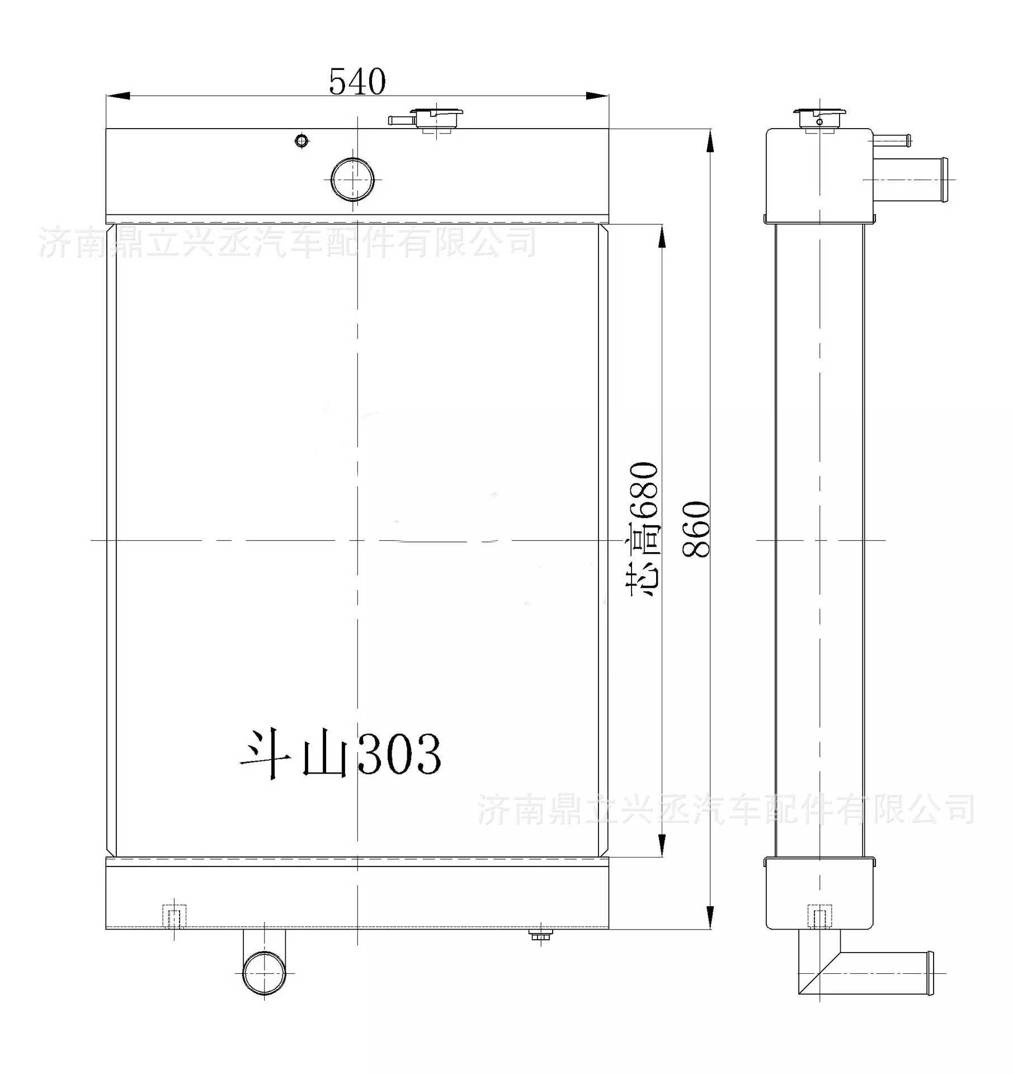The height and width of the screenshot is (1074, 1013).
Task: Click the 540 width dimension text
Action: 357,82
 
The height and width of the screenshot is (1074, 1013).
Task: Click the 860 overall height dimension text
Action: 696,529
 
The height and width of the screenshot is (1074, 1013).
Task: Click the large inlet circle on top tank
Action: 352,180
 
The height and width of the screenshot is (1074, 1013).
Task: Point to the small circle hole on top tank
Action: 301,140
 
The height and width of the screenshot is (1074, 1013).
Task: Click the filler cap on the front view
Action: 437,119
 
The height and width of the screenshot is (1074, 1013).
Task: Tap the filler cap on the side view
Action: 819,119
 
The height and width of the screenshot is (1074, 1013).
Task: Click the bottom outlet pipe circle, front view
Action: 264,974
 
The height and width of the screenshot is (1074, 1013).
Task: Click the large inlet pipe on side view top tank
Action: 912,180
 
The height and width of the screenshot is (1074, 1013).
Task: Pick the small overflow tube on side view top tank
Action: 892,140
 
